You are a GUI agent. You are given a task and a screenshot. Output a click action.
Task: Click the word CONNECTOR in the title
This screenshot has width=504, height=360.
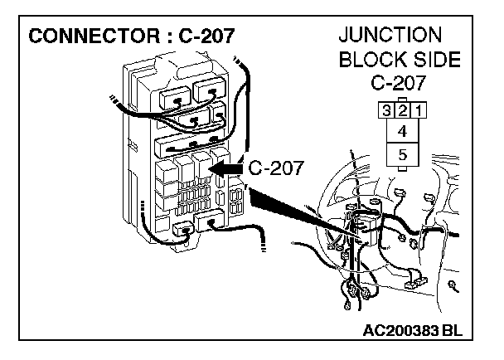pyautogui.click(x=83, y=38)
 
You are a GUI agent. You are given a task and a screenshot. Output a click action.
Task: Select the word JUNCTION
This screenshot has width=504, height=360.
pyautogui.click(x=390, y=36)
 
